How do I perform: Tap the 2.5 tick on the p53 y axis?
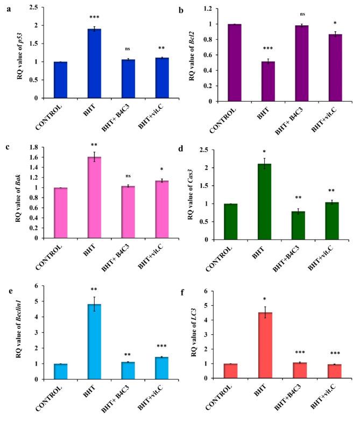[34, 8]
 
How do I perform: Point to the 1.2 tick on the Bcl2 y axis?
[210, 10]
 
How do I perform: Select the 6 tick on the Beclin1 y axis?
[38, 286]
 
